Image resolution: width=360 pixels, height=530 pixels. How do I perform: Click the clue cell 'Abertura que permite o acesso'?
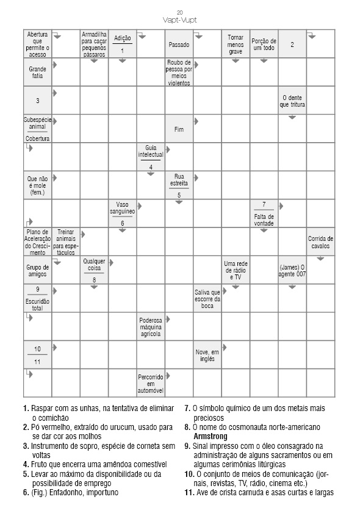tap(37, 44)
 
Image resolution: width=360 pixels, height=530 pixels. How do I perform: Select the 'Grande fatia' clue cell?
tap(37, 73)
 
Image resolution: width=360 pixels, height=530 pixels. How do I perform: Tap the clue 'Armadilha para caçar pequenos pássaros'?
tap(94, 44)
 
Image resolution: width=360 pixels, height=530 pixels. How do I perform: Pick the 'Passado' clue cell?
tap(179, 45)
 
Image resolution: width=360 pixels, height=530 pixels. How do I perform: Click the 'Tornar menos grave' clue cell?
tap(236, 44)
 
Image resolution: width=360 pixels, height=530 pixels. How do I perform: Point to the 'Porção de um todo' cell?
tap(264, 44)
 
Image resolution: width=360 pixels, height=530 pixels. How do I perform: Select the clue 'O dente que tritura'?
tap(292, 101)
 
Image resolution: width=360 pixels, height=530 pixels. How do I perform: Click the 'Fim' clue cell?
tap(179, 129)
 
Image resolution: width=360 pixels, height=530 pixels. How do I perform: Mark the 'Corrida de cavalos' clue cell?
tap(320, 242)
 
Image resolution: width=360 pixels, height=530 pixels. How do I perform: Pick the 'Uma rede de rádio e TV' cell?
tap(236, 270)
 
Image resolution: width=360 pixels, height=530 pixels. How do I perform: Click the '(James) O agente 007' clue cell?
tap(292, 270)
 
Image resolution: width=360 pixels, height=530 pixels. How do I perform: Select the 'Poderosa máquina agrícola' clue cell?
tap(151, 327)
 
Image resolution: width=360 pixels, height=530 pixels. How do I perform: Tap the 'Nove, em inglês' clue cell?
tap(207, 355)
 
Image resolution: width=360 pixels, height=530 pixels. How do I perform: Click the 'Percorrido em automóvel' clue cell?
tap(151, 383)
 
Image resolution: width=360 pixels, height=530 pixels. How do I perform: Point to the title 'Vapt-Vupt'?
tap(180, 20)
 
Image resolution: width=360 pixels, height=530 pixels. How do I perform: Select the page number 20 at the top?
tap(180, 12)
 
